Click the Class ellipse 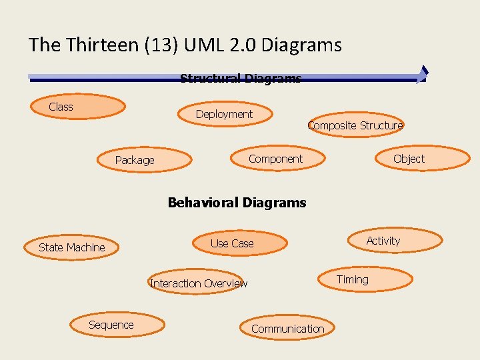coord(78,107)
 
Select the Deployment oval coord(225,114)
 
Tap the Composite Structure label coord(355,125)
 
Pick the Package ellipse coord(144,160)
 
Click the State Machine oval coord(72,247)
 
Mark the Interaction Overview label coord(199,283)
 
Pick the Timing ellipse coord(364,279)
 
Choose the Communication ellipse coord(288,328)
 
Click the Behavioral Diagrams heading coord(237,202)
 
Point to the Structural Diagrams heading coord(240,79)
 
